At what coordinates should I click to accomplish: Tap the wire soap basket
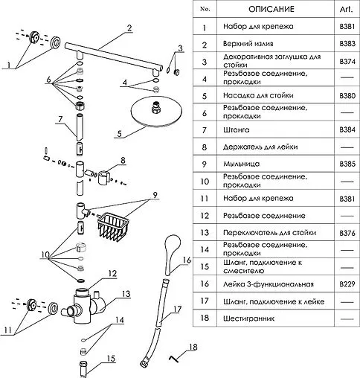(x=114, y=226)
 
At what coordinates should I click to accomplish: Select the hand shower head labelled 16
(x=173, y=254)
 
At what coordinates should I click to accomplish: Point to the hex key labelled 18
(x=173, y=359)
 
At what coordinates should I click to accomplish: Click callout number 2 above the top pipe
(x=129, y=28)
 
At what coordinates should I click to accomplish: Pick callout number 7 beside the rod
(x=60, y=119)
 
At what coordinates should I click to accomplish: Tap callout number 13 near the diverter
(x=126, y=294)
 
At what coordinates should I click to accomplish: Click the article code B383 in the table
(x=347, y=44)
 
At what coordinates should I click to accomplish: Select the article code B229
(x=347, y=283)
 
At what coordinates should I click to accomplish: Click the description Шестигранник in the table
(x=248, y=318)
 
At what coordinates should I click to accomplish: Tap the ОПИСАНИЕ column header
(x=271, y=9)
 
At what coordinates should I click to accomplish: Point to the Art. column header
(x=347, y=9)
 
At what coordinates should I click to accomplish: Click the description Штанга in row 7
(x=237, y=129)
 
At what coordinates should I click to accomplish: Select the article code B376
(x=347, y=233)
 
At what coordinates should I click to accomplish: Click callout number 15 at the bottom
(x=112, y=359)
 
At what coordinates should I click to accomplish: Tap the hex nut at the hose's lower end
(x=145, y=363)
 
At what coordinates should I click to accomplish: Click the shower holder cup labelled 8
(x=104, y=177)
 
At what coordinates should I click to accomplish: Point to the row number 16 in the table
(x=205, y=283)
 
